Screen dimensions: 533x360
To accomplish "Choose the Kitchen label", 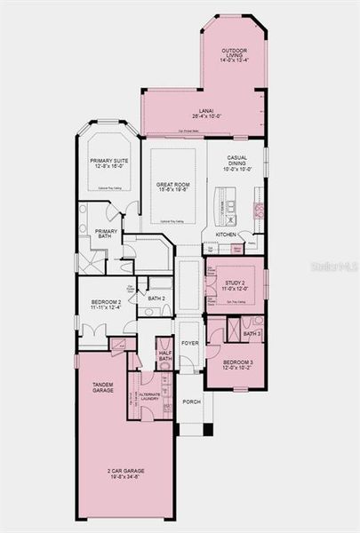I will click(x=225, y=235).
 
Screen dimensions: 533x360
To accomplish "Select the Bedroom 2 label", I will click(x=107, y=303).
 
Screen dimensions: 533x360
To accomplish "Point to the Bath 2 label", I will click(x=157, y=298).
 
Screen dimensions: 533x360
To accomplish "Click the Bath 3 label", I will click(x=252, y=333).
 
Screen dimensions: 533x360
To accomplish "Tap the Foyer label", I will click(x=190, y=342).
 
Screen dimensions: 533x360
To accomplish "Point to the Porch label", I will click(x=191, y=402).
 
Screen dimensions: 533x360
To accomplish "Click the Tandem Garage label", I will click(x=103, y=386).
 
